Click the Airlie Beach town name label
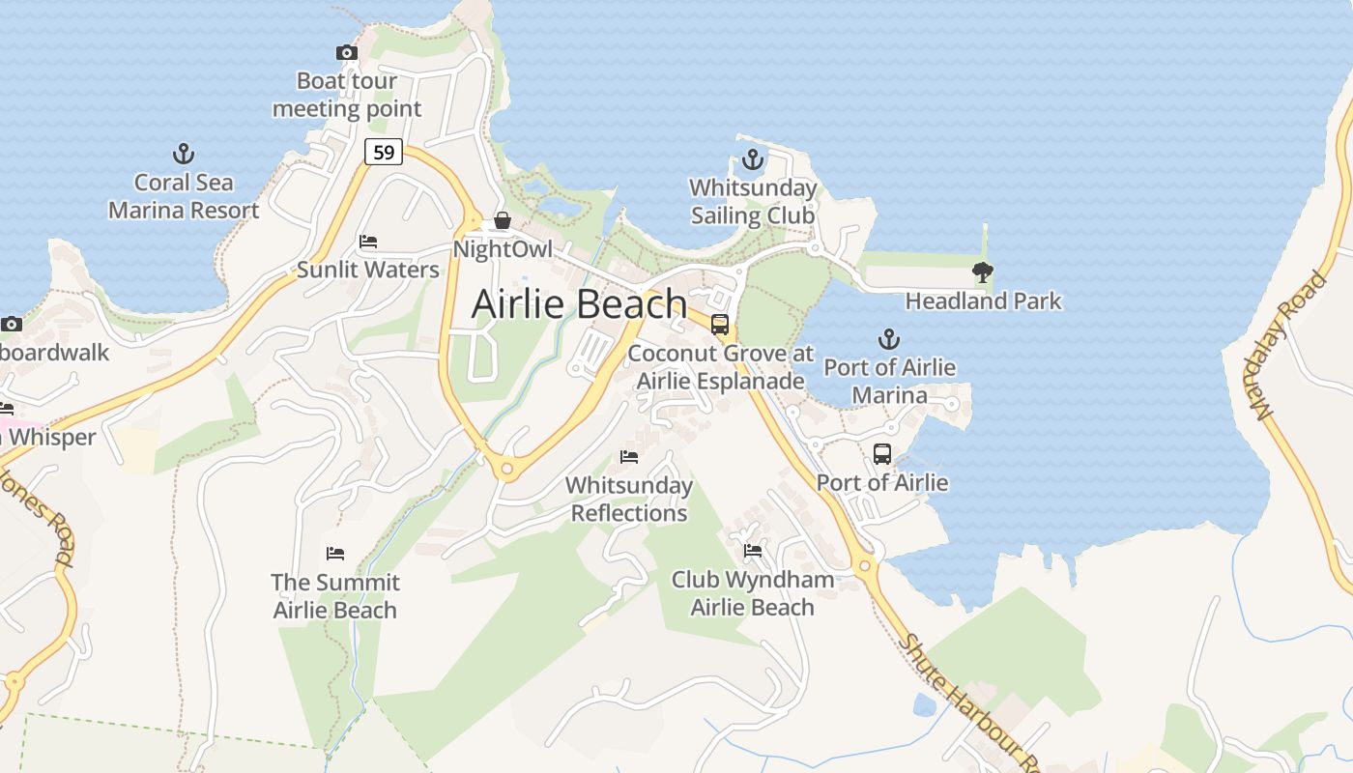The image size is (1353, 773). (x=579, y=304)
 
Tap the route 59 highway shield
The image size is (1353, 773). (x=384, y=152)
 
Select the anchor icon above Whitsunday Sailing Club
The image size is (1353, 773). (x=752, y=159)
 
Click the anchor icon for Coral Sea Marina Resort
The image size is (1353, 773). (x=183, y=154)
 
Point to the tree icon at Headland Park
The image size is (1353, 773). (x=983, y=272)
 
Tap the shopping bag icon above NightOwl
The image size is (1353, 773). (x=502, y=221)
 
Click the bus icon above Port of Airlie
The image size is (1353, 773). (x=881, y=454)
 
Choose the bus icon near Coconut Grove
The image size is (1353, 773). (x=719, y=325)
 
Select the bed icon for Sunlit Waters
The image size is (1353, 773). (x=367, y=242)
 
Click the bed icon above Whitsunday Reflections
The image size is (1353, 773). (x=629, y=457)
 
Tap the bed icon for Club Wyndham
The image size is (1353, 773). (x=753, y=552)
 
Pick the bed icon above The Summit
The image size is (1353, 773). (x=335, y=555)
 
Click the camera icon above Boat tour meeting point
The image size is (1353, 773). (x=346, y=53)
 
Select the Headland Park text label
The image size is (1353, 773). (x=983, y=301)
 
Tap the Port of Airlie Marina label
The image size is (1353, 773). (x=889, y=381)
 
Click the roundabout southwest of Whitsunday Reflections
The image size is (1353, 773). (x=506, y=470)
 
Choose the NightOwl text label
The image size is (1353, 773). (x=503, y=249)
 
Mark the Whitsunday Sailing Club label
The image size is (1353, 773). (x=752, y=201)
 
